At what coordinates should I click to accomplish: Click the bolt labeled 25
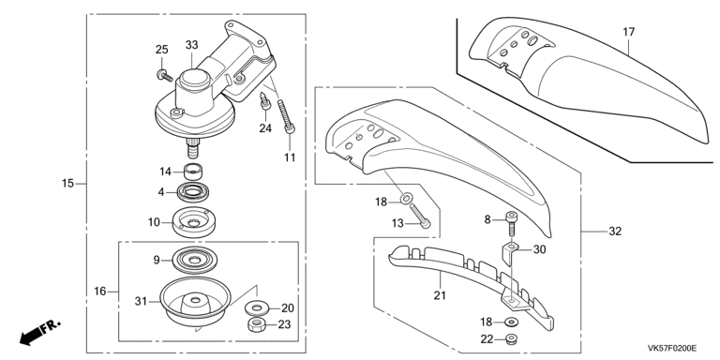click(x=164, y=75)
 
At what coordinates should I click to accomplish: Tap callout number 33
click(x=192, y=45)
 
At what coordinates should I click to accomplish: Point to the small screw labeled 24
click(x=265, y=101)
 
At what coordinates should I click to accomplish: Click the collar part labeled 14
click(x=194, y=172)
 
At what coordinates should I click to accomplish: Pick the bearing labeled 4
click(x=193, y=192)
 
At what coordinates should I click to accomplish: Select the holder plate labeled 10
click(x=193, y=222)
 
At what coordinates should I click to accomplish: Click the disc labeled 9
click(x=193, y=261)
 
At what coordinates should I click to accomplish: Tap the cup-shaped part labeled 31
click(x=194, y=302)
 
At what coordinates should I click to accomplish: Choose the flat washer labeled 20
click(x=256, y=307)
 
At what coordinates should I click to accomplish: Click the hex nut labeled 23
click(x=256, y=324)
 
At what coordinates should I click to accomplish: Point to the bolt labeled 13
click(x=420, y=216)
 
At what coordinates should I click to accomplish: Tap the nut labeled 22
click(x=510, y=339)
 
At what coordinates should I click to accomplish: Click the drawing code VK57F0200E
click(x=672, y=348)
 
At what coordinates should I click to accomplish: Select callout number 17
click(x=629, y=32)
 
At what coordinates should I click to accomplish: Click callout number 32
click(x=615, y=232)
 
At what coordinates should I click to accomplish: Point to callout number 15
click(x=67, y=183)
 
